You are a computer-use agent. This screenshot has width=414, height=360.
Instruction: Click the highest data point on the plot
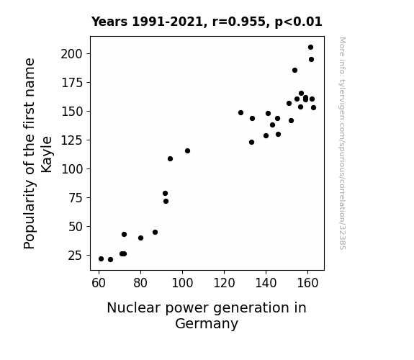[310, 48]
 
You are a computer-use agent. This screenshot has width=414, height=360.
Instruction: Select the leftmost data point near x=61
[101, 259]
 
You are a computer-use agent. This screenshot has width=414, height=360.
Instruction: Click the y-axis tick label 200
[72, 54]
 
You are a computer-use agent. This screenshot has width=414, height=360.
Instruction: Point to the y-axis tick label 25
[76, 256]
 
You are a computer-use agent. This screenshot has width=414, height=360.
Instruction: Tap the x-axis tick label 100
[182, 284]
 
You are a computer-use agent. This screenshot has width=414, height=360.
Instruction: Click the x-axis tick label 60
[99, 284]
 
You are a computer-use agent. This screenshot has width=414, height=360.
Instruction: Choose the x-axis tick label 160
[307, 284]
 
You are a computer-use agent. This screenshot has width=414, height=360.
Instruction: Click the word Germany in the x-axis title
[207, 323]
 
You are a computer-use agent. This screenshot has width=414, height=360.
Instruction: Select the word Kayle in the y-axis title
[47, 155]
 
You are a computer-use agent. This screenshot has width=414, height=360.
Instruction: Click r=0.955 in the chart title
[238, 22]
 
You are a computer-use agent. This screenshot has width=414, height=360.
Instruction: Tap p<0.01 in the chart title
[298, 22]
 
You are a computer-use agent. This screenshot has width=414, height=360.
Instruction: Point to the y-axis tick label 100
[72, 169]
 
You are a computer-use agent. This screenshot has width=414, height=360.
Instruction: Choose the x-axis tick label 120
[224, 284]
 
